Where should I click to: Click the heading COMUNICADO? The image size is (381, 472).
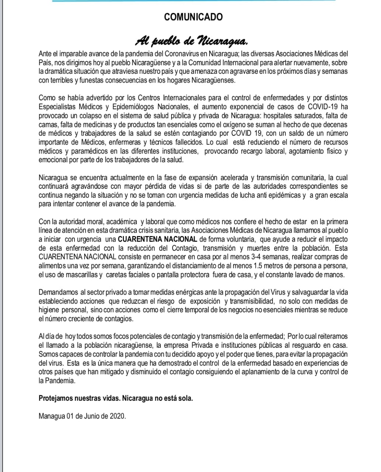[x=193, y=17]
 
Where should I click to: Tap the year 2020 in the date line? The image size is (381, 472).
[x=117, y=416]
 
